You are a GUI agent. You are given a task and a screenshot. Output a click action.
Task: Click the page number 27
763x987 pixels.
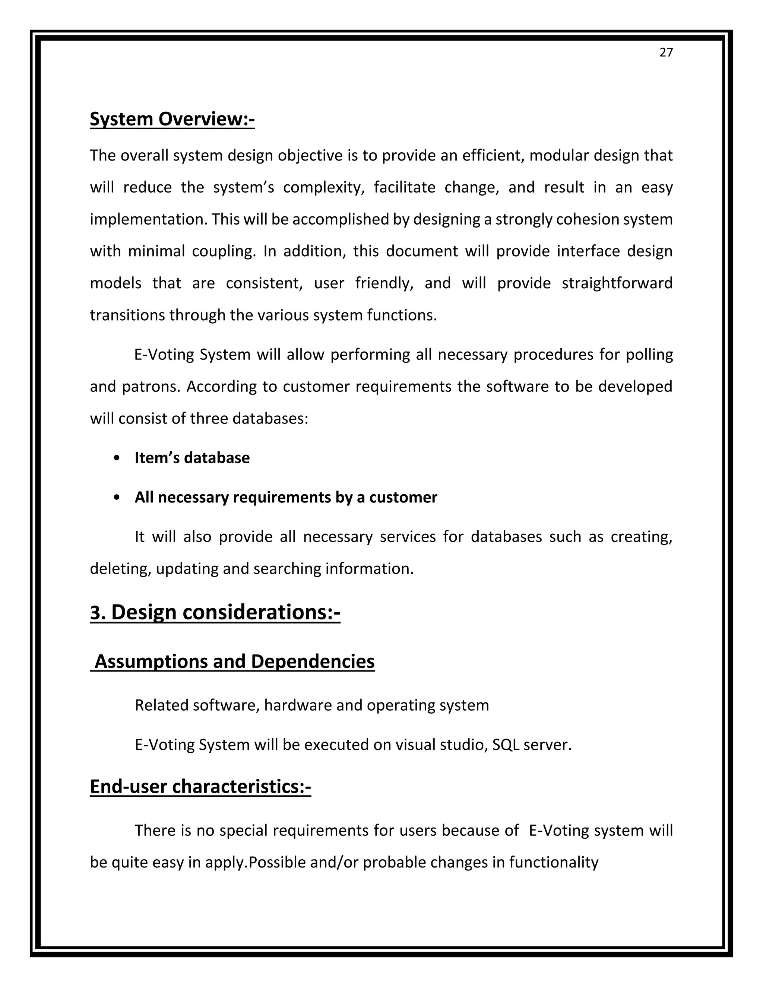coord(666,53)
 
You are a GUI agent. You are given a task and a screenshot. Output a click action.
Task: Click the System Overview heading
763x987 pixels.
coord(172,119)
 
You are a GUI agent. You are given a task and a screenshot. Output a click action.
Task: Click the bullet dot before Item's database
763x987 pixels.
coord(117,458)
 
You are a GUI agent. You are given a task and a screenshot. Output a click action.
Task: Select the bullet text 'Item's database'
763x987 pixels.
coord(192,458)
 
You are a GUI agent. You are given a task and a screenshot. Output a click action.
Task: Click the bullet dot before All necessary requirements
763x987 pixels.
coord(117,498)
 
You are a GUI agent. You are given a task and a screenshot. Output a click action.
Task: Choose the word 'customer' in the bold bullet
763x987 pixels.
coord(403,498)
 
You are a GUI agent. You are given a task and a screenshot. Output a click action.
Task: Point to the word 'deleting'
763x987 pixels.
coord(120,568)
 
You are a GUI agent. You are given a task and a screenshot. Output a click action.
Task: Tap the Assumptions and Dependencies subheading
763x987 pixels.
coord(233,661)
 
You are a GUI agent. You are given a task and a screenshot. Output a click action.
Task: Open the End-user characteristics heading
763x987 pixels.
coord(200,786)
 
